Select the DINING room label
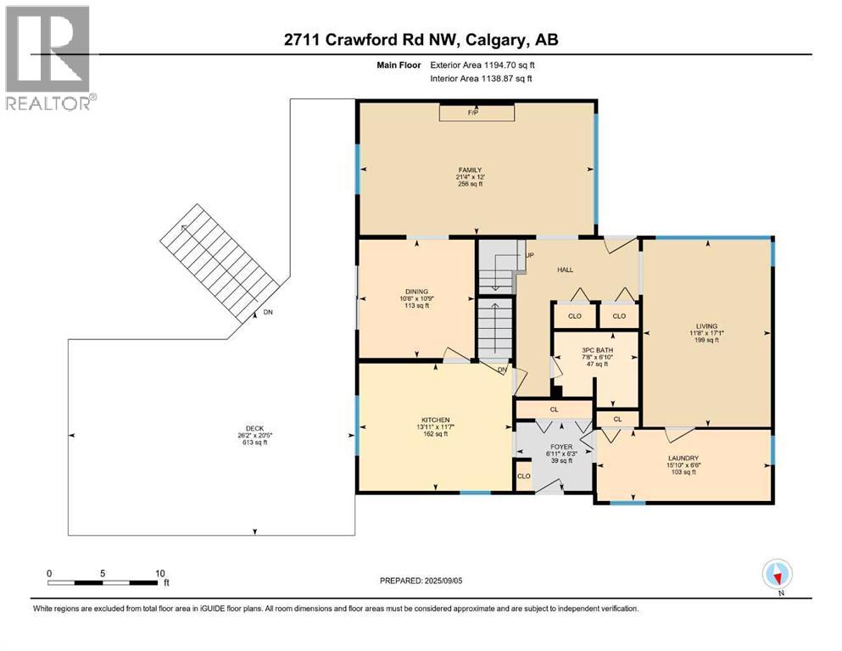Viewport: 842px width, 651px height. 415,291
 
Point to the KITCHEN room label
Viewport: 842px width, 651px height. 435,420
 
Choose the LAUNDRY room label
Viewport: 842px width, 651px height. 683,458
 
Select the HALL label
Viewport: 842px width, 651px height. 565,270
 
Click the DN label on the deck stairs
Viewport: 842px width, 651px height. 268,313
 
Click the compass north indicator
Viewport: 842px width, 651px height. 777,575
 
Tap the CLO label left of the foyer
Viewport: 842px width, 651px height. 523,476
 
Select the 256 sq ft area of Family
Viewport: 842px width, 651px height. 475,184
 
